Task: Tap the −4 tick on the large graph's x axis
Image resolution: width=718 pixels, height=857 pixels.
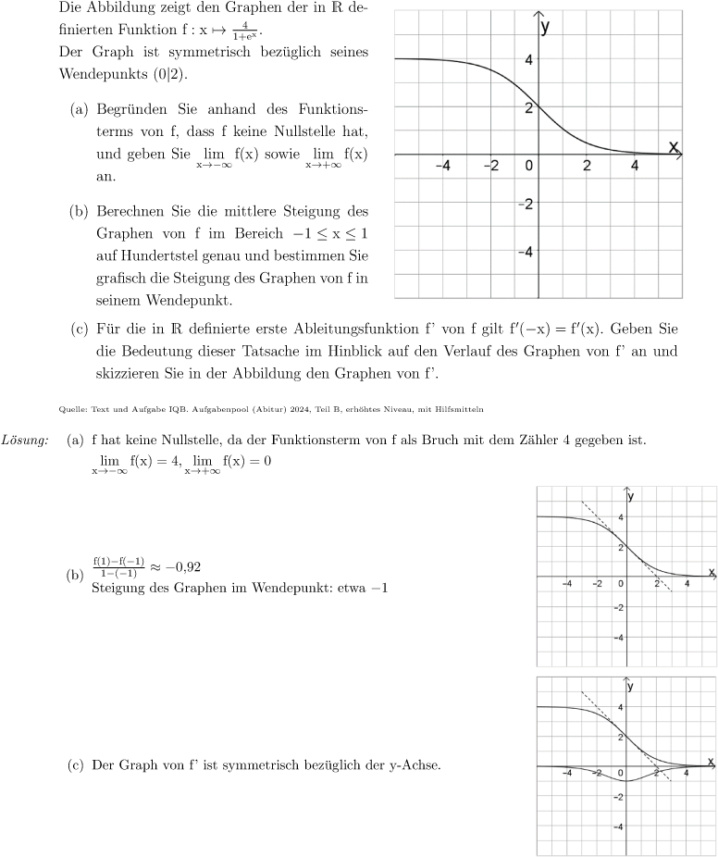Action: [x=442, y=167]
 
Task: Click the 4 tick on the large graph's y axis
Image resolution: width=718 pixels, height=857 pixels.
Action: [x=528, y=60]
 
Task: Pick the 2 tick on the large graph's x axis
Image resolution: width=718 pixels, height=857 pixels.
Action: [x=587, y=167]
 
